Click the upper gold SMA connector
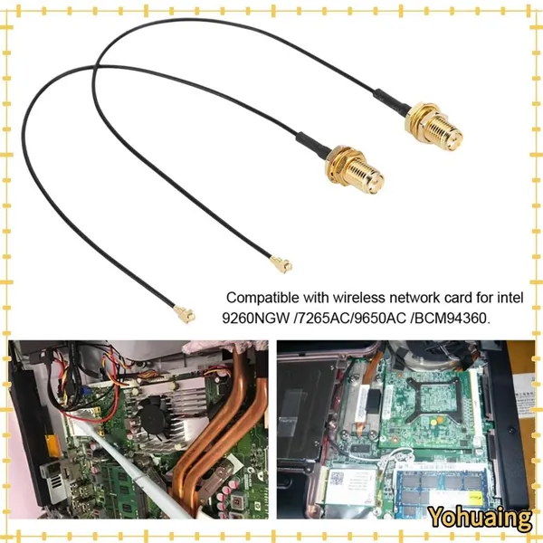433,127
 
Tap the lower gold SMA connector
355,170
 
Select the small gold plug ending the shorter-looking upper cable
281,265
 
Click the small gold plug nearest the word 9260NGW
185,314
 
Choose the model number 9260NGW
255,318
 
